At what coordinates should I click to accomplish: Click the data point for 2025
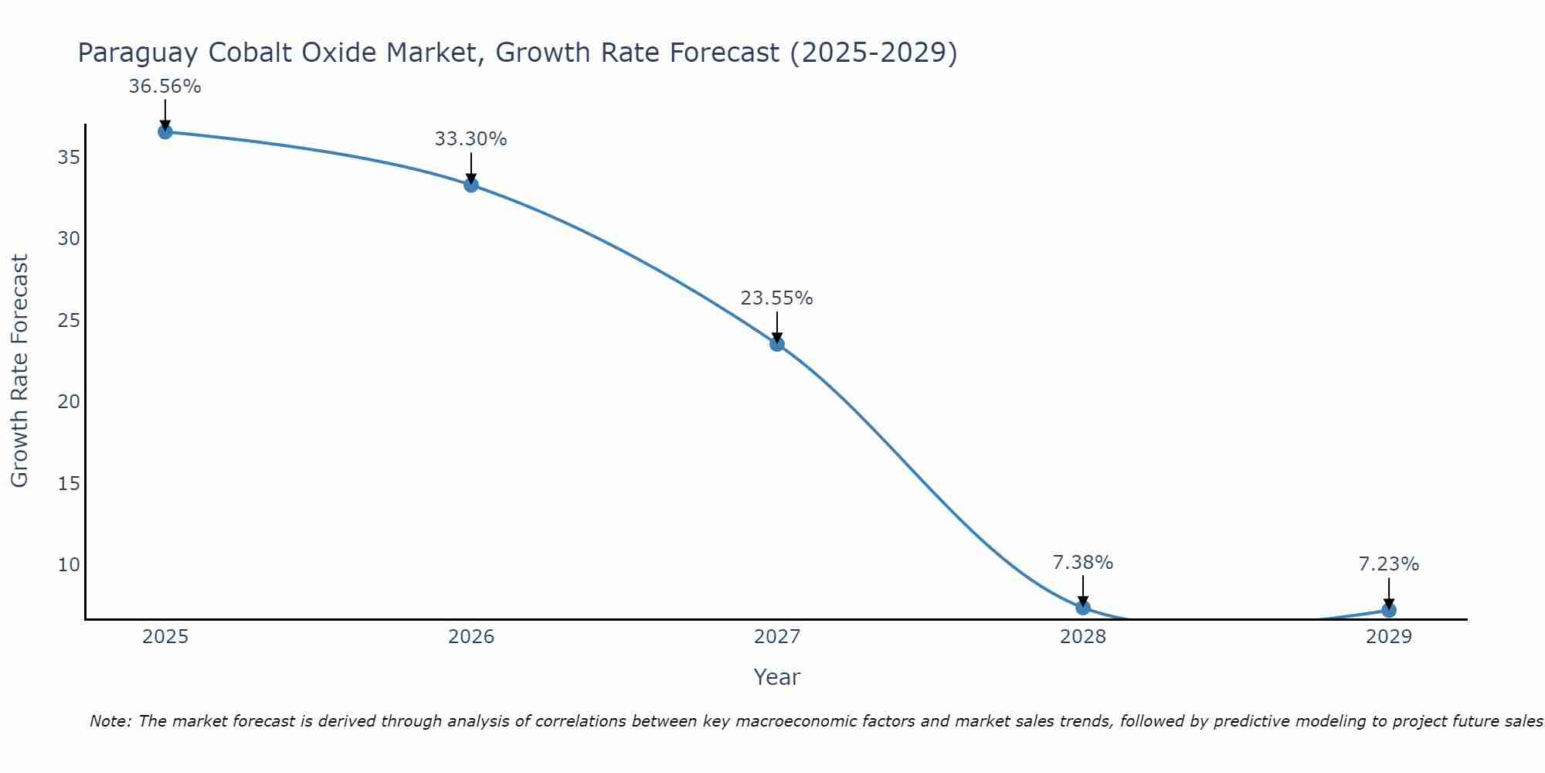(x=165, y=131)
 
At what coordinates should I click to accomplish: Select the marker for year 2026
(x=471, y=185)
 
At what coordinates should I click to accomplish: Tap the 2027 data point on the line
(x=777, y=344)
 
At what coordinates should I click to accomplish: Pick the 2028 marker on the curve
(x=1083, y=608)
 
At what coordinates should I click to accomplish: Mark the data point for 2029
(x=1389, y=610)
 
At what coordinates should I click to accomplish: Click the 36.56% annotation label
(x=165, y=87)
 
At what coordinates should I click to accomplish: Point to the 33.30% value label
(x=471, y=139)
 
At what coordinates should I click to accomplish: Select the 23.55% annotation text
(x=777, y=298)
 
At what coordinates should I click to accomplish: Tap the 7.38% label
(x=1083, y=563)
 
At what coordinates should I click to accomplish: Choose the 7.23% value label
(x=1389, y=564)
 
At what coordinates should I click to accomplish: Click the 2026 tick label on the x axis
(x=471, y=637)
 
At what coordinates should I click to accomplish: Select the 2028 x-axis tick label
(x=1083, y=637)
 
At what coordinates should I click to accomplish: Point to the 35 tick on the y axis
(x=69, y=158)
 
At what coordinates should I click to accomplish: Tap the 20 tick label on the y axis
(x=69, y=402)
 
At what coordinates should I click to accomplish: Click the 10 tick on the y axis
(x=69, y=564)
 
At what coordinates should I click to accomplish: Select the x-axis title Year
(x=777, y=677)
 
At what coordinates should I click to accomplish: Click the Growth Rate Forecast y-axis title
(x=19, y=371)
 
